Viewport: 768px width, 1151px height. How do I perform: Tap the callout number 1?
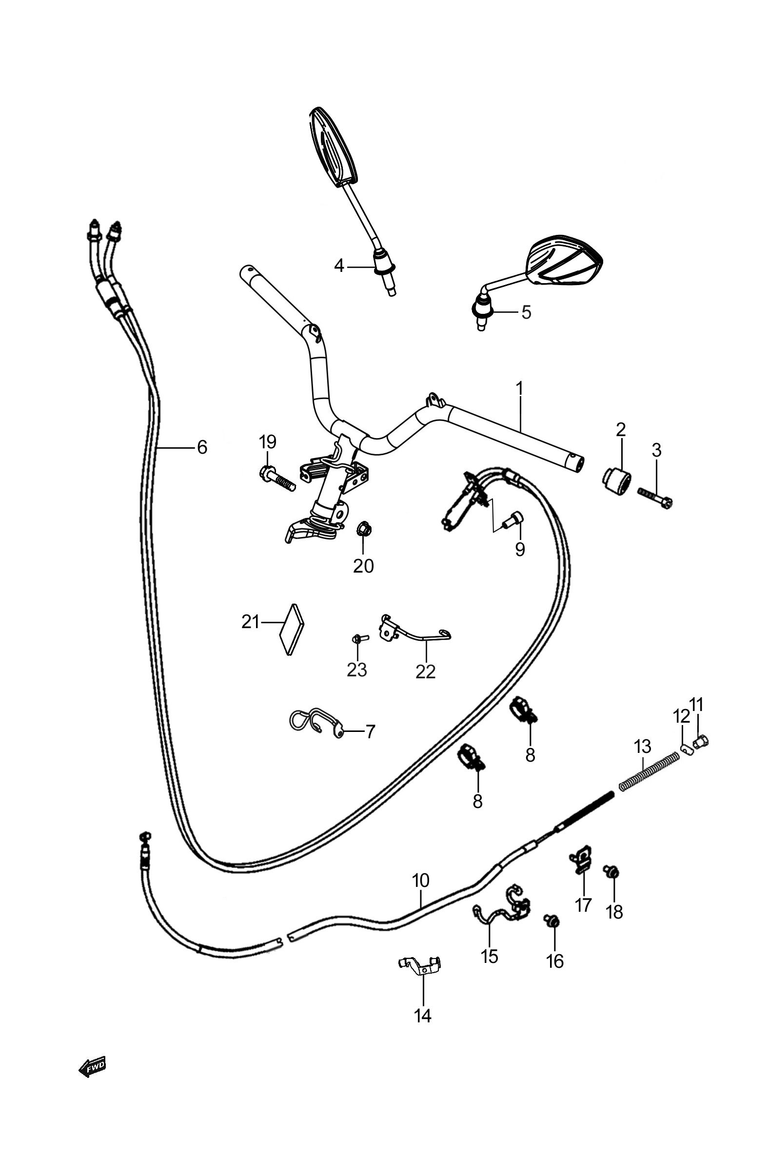[x=519, y=388]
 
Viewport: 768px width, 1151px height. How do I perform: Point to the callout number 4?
[x=339, y=267]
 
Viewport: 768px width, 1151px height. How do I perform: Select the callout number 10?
[x=421, y=881]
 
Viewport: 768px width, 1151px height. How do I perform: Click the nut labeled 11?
[x=701, y=742]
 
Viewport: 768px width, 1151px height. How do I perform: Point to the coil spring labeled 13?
[x=649, y=771]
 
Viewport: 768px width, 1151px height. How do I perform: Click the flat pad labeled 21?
[x=292, y=629]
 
